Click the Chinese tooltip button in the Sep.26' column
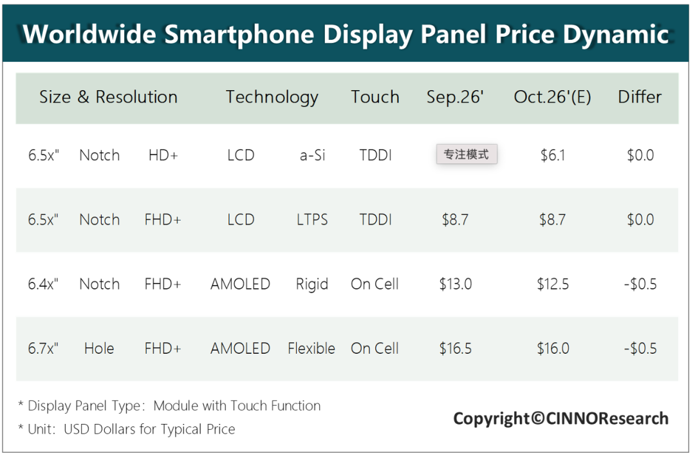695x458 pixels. [467, 154]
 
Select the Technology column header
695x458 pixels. [272, 97]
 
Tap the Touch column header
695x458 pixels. [375, 96]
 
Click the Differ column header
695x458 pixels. [640, 96]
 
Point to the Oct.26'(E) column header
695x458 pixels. [552, 97]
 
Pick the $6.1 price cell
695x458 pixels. [553, 155]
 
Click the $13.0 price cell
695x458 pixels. [455, 284]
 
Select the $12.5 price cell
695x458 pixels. [553, 284]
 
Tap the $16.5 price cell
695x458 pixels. [455, 349]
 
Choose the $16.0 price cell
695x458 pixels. [553, 349]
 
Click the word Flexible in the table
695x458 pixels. [311, 349]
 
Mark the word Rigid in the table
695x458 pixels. [312, 284]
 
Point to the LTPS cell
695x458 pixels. [312, 220]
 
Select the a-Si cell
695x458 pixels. [312, 155]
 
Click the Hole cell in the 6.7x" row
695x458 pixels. [99, 349]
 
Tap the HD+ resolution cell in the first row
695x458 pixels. [163, 155]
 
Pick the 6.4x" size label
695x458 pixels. [43, 284]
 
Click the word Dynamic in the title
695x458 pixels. [616, 35]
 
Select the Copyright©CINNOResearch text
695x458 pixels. [561, 419]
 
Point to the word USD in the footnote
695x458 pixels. [77, 429]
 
